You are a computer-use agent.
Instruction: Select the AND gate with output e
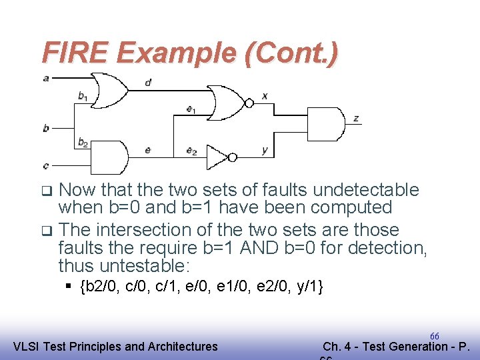click(109, 157)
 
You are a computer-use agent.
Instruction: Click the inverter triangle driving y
click(217, 157)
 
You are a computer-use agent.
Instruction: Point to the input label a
click(46, 78)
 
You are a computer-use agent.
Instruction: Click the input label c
click(46, 165)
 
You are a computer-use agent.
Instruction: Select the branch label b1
click(83, 97)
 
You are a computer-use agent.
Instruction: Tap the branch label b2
click(83, 141)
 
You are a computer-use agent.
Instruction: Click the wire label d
click(147, 83)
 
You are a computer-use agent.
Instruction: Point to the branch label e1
click(191, 109)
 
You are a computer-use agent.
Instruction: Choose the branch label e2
click(191, 151)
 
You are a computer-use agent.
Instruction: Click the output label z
click(357, 119)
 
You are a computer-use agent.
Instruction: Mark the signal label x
click(265, 96)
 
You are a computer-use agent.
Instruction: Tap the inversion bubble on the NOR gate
click(249, 103)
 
